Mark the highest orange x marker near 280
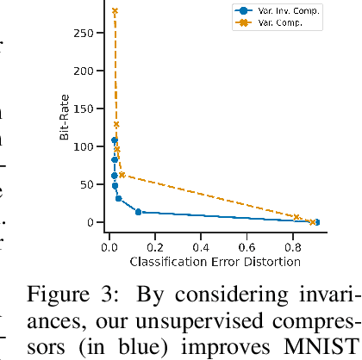click(x=115, y=11)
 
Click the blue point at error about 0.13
click(x=138, y=212)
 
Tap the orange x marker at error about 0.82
click(x=296, y=217)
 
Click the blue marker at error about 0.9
click(x=316, y=222)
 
